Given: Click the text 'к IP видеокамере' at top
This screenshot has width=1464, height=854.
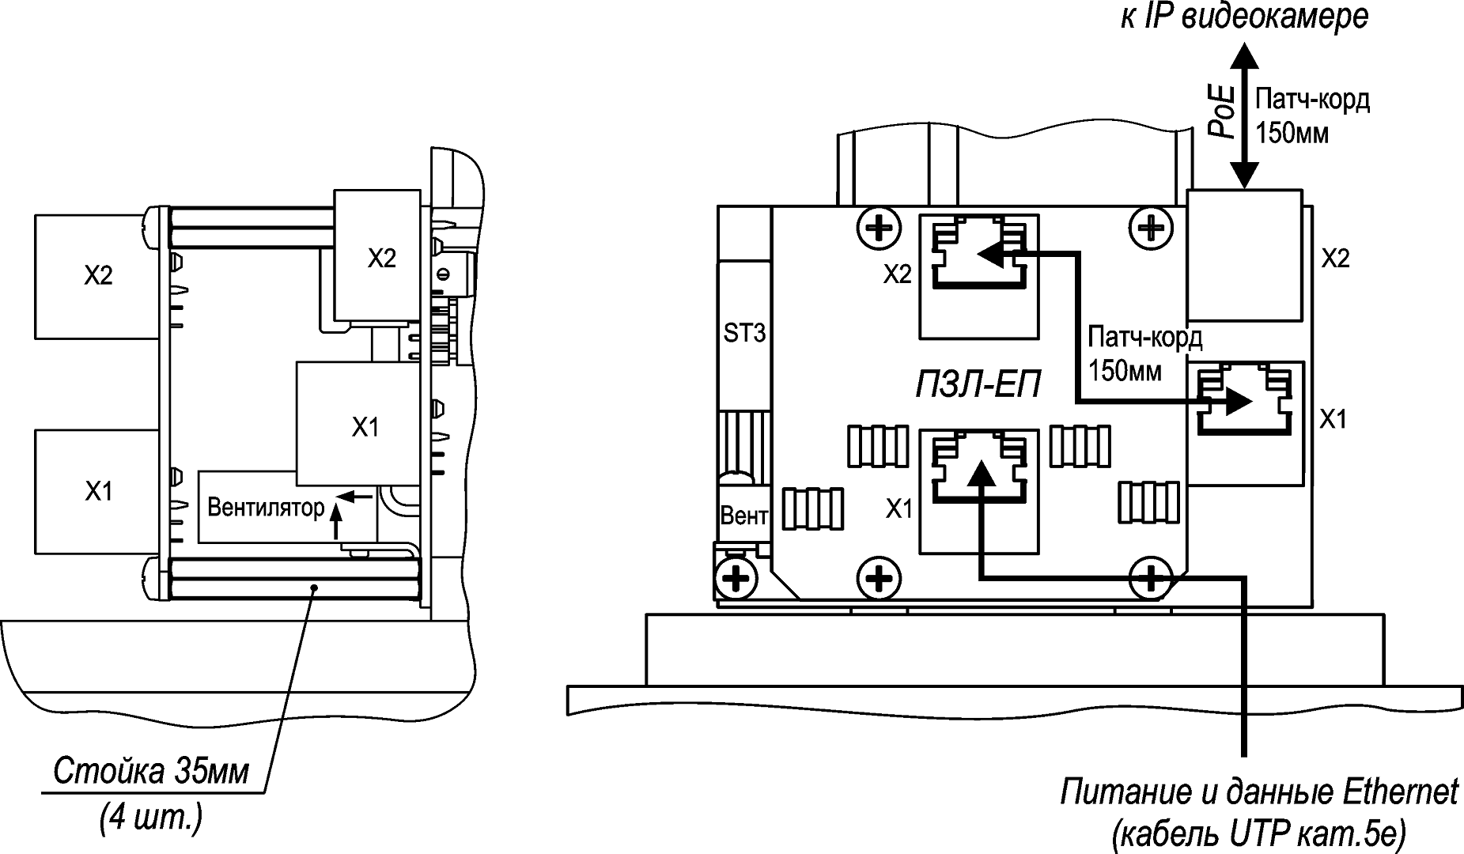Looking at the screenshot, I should tap(1243, 17).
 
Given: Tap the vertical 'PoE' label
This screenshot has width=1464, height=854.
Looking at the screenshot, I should tap(1222, 112).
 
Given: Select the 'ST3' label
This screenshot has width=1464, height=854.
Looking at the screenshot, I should tap(744, 334).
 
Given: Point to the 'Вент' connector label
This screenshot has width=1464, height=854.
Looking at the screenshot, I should tap(743, 516).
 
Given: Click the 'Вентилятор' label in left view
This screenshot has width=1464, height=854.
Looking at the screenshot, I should tap(266, 507).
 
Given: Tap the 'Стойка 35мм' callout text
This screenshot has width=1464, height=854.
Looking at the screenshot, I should tap(151, 772).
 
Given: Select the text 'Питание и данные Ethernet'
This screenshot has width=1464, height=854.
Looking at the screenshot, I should tap(1259, 792).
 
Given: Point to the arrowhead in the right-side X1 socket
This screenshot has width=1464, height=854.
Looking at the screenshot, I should tap(1239, 402).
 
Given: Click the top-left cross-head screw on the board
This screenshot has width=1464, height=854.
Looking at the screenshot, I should tap(878, 229).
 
